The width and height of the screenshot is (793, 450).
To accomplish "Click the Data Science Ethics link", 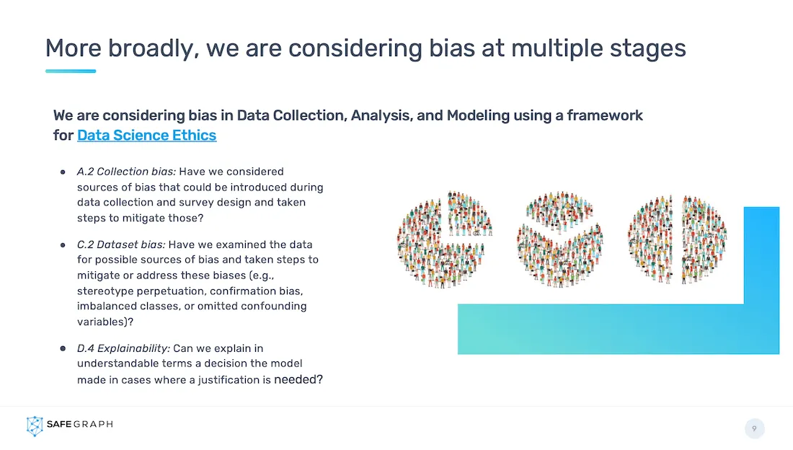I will [x=146, y=135].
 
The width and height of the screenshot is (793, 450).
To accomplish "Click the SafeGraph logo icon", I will [x=35, y=425].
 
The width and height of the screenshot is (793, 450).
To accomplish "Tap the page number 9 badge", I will [x=754, y=429].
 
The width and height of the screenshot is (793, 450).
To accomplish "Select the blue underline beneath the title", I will [x=71, y=71].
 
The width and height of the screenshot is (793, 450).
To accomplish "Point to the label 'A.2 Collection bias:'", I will [x=126, y=172].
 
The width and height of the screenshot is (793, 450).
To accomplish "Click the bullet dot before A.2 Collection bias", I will [x=63, y=172].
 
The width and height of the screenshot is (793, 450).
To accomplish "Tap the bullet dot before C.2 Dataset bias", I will [x=63, y=245].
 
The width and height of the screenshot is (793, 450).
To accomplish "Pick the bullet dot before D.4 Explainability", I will [x=63, y=349].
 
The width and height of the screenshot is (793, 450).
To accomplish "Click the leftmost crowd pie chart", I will [x=445, y=239].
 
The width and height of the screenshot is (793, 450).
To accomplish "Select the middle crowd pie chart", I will [x=560, y=240].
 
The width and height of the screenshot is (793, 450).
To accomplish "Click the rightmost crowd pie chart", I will [x=677, y=239].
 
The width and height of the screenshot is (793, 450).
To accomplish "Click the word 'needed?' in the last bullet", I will [x=298, y=379].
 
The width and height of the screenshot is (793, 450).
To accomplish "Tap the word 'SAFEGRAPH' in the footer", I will [x=79, y=425].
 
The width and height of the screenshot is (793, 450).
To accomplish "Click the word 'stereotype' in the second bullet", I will [x=106, y=291].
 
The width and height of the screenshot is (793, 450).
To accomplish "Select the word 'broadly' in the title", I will [x=145, y=48].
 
